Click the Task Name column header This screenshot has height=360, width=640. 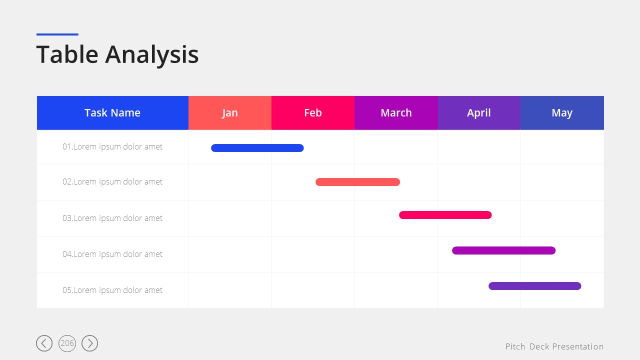[112, 113]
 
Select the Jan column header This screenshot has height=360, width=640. [230, 113]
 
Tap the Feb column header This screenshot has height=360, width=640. [313, 113]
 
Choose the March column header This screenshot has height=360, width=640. [396, 113]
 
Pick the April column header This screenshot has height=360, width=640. [479, 113]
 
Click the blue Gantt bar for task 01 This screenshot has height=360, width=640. [257, 148]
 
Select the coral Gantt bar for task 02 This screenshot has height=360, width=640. [357, 182]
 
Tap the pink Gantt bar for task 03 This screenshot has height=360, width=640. [445, 215]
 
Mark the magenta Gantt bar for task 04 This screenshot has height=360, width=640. [503, 250]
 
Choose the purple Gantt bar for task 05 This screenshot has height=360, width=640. [535, 286]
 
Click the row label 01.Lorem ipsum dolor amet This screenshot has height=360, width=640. [112, 147]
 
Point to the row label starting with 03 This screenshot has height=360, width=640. [112, 218]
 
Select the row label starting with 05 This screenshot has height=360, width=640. [112, 290]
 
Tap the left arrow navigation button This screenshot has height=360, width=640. [44, 343]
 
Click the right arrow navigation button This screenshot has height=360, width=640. [89, 343]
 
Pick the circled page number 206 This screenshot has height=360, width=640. [67, 343]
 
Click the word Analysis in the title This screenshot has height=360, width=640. [151, 55]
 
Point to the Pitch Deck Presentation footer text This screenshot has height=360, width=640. [554, 346]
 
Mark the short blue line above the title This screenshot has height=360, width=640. [57, 34]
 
